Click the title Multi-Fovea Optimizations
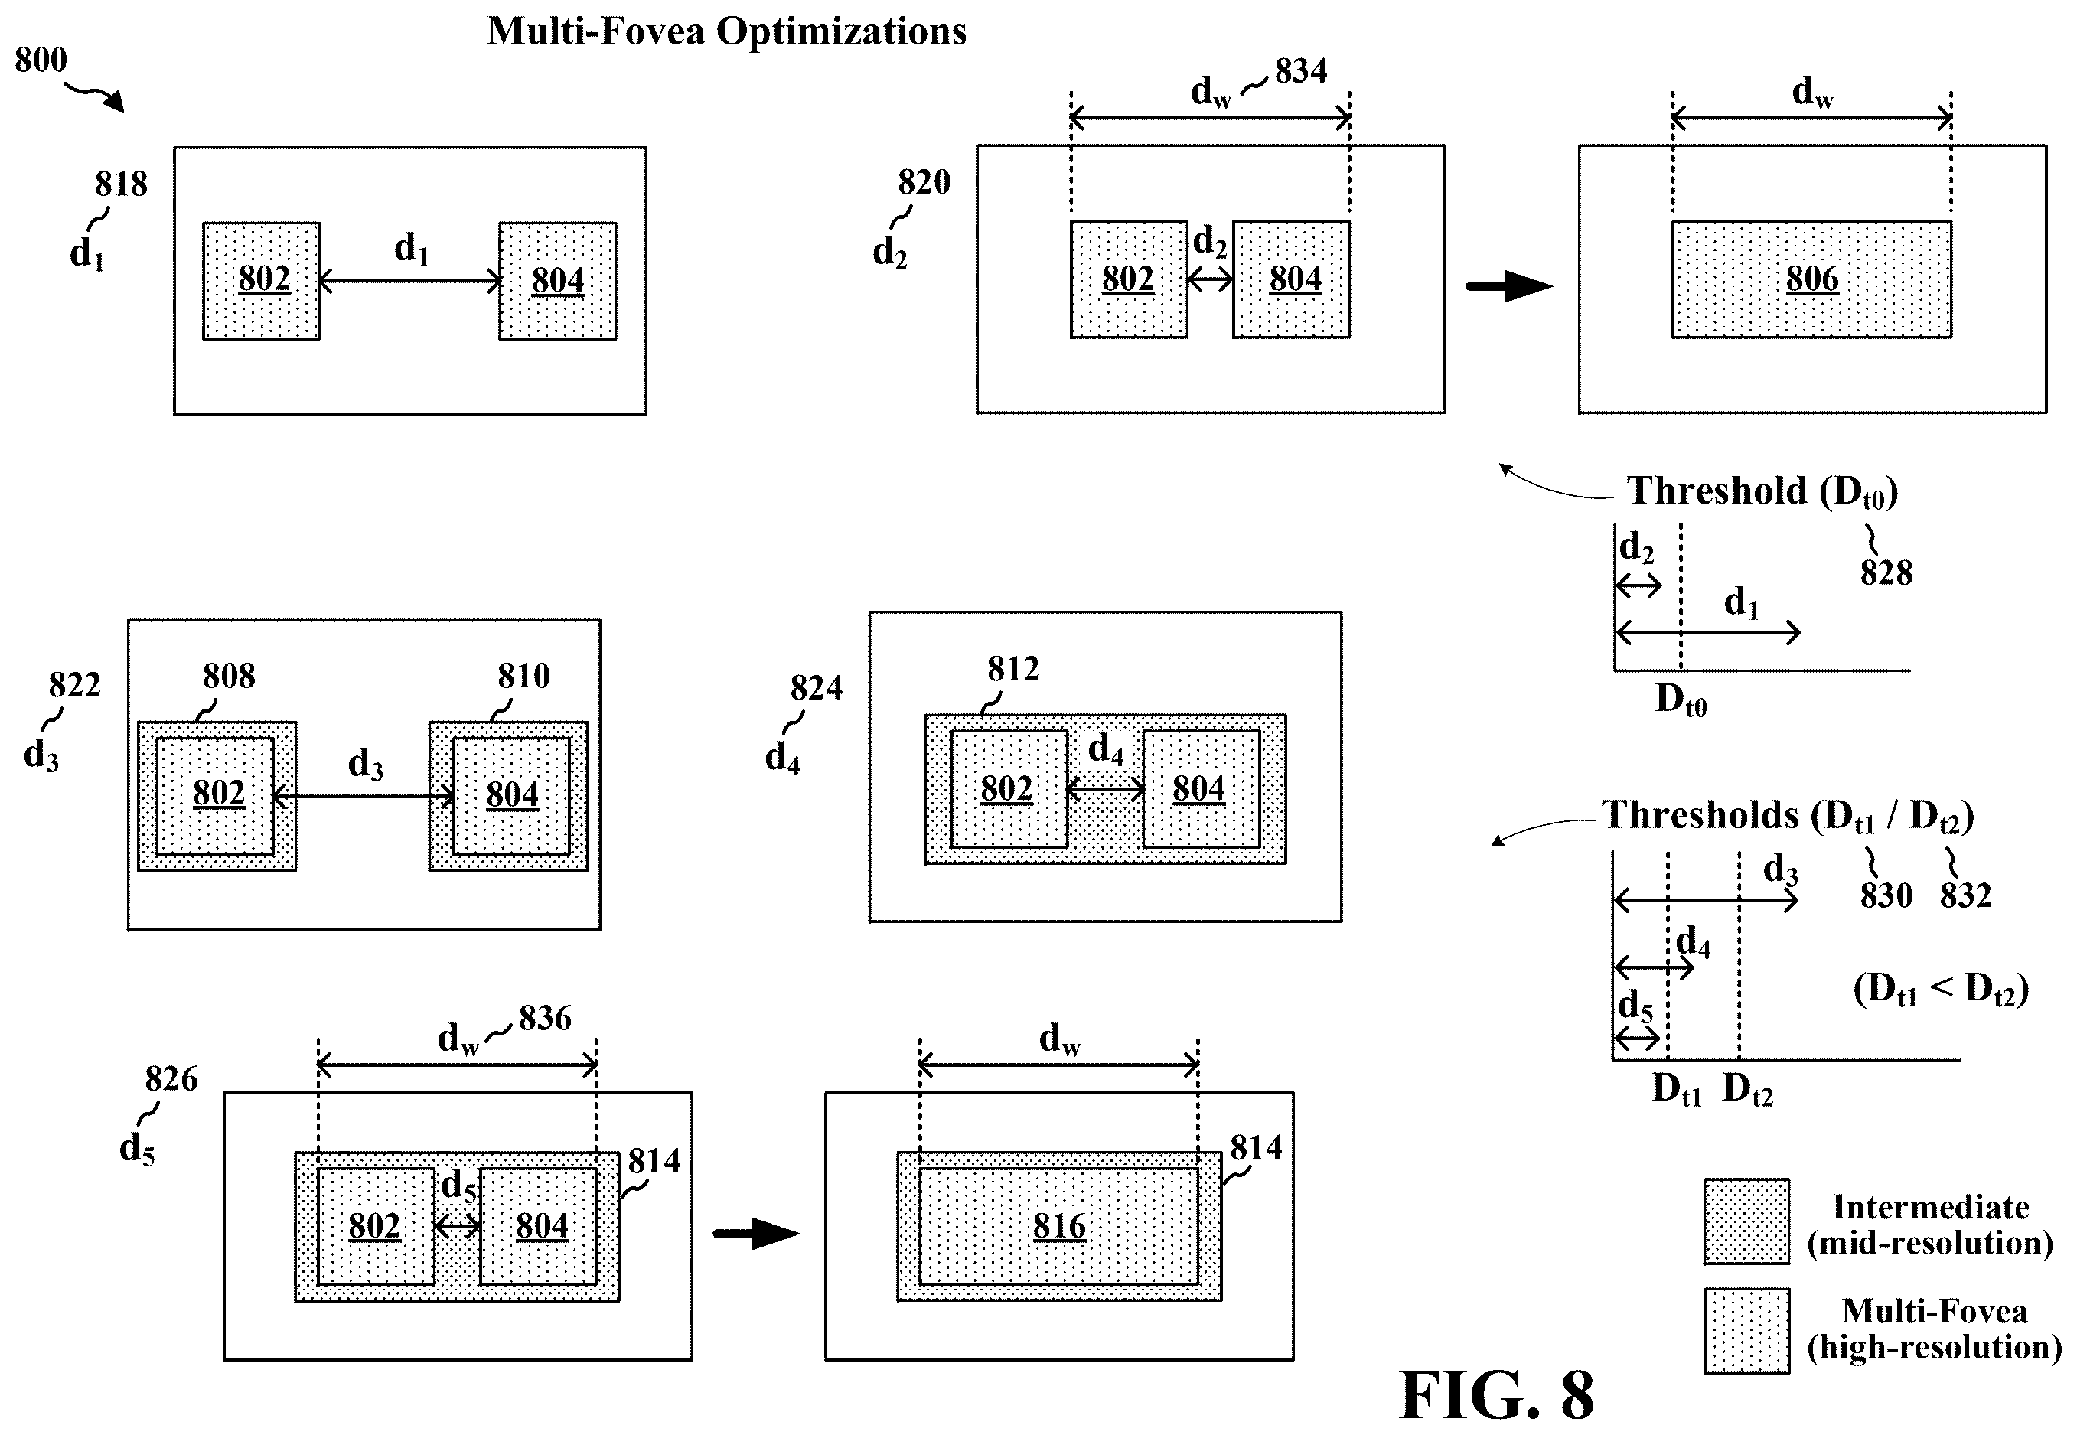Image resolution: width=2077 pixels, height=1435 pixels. pyautogui.click(x=726, y=31)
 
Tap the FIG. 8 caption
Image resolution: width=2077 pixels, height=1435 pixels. pyautogui.click(x=1496, y=1394)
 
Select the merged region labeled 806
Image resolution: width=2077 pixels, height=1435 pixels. pyautogui.click(x=1811, y=279)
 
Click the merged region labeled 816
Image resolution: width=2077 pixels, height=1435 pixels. pyautogui.click(x=1058, y=1225)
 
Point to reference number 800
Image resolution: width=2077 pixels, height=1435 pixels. pyautogui.click(x=41, y=60)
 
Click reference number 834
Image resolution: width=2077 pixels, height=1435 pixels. pyautogui.click(x=1300, y=70)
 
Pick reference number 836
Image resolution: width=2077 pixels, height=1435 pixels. pyautogui.click(x=545, y=1018)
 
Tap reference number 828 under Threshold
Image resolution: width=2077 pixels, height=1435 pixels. pyautogui.click(x=1886, y=572)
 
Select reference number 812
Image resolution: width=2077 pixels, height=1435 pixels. pyautogui.click(x=1012, y=668)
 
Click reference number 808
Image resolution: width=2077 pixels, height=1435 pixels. pyautogui.click(x=228, y=675)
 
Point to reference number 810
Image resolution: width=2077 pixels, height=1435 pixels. pyautogui.click(x=523, y=675)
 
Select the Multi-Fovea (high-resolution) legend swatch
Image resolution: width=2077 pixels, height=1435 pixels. pyautogui.click(x=1746, y=1331)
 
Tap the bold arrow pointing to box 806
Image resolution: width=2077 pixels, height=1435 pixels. pyautogui.click(x=1508, y=287)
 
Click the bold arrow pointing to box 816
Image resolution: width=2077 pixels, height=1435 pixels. pyautogui.click(x=756, y=1233)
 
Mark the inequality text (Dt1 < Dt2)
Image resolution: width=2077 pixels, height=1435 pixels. pyautogui.click(x=1940, y=989)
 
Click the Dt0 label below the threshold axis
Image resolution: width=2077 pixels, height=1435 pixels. pyautogui.click(x=1681, y=699)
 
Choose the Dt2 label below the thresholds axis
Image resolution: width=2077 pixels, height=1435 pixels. pyautogui.click(x=1747, y=1089)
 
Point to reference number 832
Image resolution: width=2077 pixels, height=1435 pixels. pyautogui.click(x=1965, y=895)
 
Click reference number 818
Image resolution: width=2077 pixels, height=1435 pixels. pyautogui.click(x=120, y=184)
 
